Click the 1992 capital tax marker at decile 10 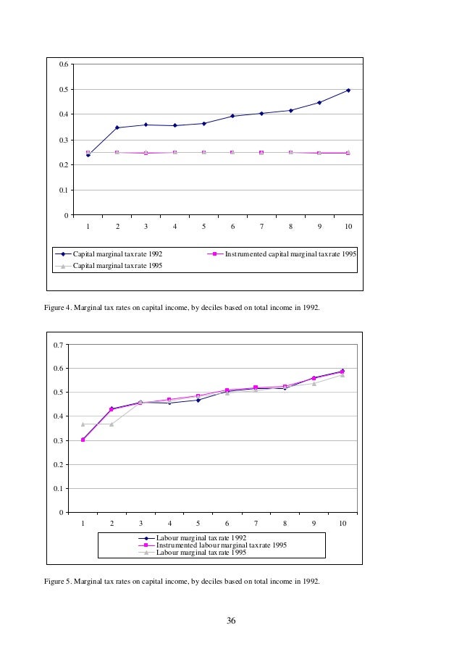pos(348,91)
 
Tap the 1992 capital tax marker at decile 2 pos(117,127)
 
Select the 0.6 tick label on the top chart pos(64,64)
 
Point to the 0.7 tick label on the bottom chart pos(59,345)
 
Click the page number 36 pos(231,621)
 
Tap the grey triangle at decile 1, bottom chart pos(83,424)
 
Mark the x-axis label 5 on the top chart pos(204,227)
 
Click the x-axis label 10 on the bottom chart pos(343,523)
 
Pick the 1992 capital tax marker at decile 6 pos(232,116)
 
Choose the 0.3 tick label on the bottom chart pos(59,440)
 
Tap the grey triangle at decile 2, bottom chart pos(112,424)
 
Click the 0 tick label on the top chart pos(67,216)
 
